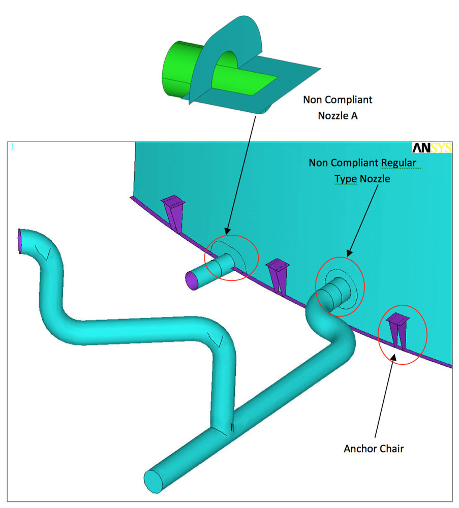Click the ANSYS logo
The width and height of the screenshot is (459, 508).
[431, 147]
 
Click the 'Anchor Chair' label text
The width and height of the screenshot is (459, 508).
[374, 449]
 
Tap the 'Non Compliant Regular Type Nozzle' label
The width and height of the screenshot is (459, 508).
[362, 171]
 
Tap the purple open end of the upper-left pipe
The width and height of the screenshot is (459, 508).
[20, 240]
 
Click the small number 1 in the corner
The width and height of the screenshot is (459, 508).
[12, 147]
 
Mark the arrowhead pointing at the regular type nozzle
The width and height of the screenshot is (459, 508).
[349, 252]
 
